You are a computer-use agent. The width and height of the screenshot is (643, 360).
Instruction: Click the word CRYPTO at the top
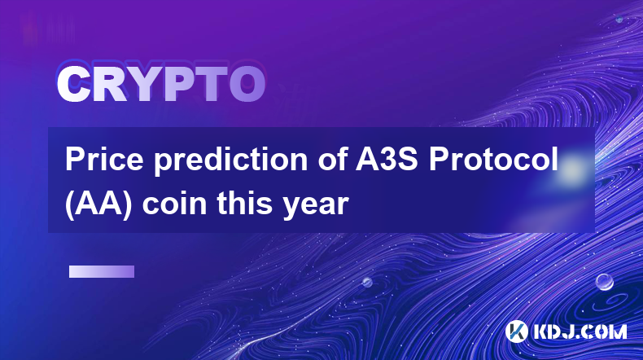pos(161,85)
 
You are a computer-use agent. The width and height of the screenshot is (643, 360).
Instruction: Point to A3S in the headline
pos(387,160)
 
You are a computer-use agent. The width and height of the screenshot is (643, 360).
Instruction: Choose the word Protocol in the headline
pos(494,160)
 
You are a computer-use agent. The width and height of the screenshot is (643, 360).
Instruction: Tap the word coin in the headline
pos(174,204)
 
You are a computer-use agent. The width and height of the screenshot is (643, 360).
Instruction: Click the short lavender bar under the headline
pos(102,272)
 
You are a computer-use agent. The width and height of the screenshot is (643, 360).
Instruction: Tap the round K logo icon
pos(516,331)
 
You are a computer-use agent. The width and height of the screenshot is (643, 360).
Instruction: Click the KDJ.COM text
pos(580,331)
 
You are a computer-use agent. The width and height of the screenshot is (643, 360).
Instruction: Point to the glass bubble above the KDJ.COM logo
pos(604,282)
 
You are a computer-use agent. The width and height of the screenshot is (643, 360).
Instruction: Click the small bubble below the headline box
pos(366,282)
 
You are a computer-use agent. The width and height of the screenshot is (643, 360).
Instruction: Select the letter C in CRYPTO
pos(73,85)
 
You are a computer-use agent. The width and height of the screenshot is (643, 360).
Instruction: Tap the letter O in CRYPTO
pos(247,85)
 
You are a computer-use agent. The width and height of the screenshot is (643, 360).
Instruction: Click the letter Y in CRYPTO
pos(143,85)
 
